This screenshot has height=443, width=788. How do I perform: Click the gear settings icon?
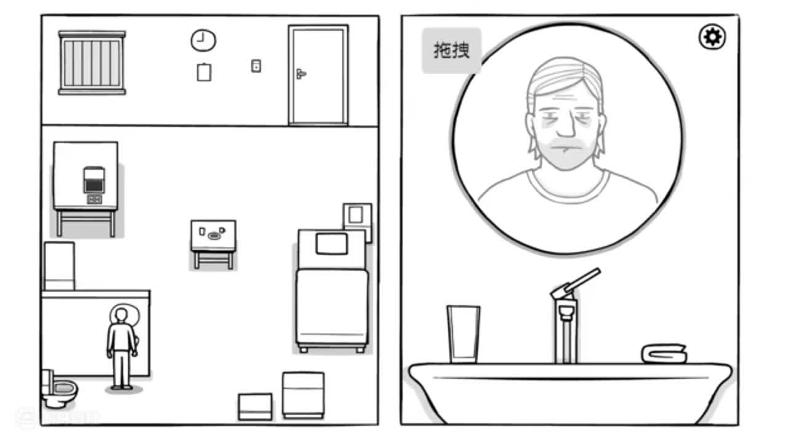712,38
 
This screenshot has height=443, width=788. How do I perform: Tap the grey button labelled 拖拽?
451,50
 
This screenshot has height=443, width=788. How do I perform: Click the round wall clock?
203,41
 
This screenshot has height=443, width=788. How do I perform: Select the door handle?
300,74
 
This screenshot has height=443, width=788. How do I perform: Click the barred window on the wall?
92,63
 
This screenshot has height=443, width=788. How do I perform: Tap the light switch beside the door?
256,65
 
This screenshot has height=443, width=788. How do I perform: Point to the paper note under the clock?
204,73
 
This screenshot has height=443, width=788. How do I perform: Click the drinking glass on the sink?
463,334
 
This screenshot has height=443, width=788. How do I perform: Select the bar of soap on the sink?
664,354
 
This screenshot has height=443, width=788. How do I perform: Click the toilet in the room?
59,389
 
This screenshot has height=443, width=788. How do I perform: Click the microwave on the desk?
94,180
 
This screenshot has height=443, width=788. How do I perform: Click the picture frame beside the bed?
356,215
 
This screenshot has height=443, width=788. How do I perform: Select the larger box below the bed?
303,394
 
